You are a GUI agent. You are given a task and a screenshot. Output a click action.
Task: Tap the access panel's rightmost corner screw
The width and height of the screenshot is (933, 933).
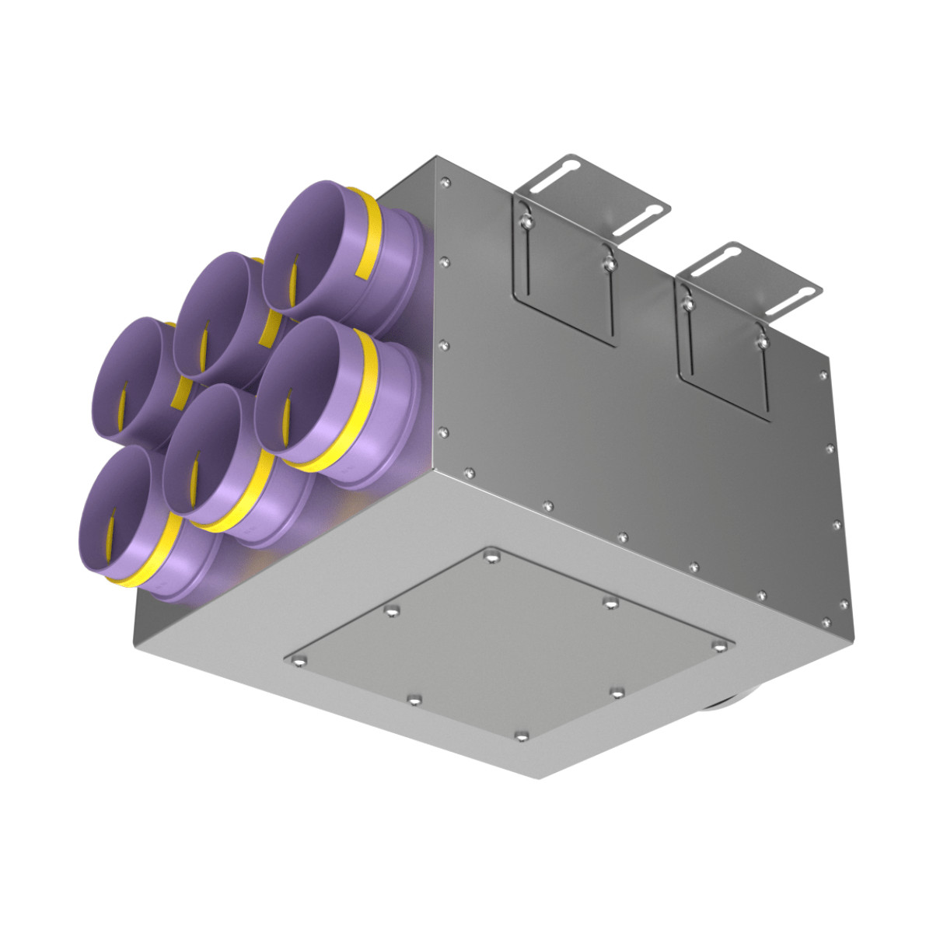pyautogui.click(x=725, y=645)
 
